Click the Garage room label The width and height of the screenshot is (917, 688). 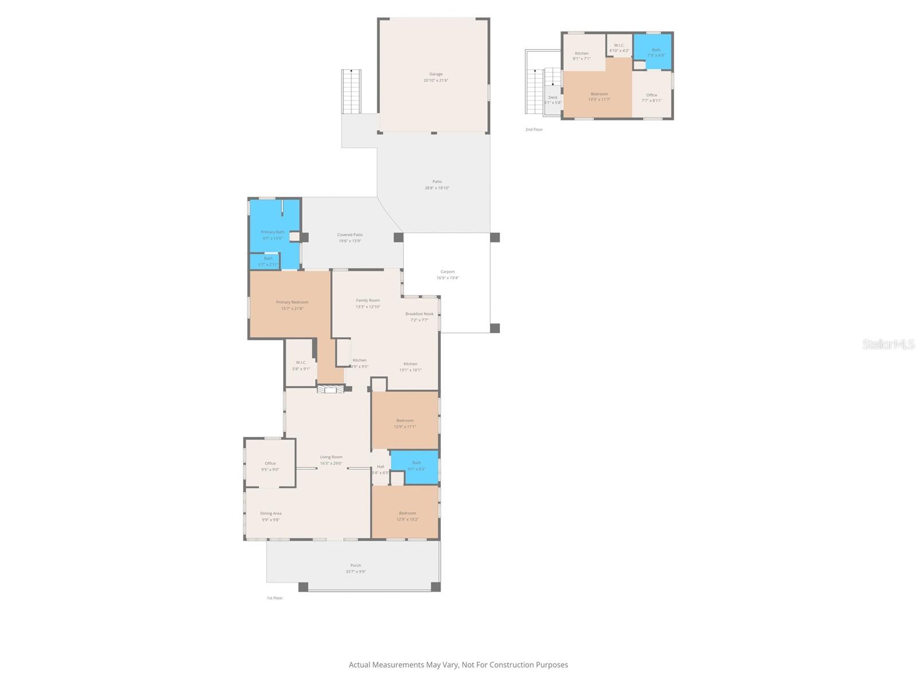(436, 77)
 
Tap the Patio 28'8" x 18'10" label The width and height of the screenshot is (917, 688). (437, 185)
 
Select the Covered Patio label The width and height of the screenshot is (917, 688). (350, 237)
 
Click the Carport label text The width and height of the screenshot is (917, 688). (448, 275)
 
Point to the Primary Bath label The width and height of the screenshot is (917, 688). (272, 234)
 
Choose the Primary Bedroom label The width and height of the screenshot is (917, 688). (292, 305)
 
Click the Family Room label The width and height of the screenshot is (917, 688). (367, 303)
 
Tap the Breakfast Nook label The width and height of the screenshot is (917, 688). (419, 316)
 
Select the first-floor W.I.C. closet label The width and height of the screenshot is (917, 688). (301, 365)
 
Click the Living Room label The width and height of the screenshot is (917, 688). (331, 460)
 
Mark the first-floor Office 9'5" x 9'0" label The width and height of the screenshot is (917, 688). (270, 466)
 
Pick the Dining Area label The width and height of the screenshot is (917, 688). (271, 517)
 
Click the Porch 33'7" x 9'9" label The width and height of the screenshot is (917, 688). (355, 568)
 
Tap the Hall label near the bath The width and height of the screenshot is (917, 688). (381, 469)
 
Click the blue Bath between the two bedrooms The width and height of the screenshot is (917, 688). (416, 466)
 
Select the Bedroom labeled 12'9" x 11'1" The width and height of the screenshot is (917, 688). (405, 423)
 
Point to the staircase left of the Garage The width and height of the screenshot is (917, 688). (351, 92)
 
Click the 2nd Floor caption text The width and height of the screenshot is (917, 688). (534, 130)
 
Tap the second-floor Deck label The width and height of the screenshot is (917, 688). (552, 99)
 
